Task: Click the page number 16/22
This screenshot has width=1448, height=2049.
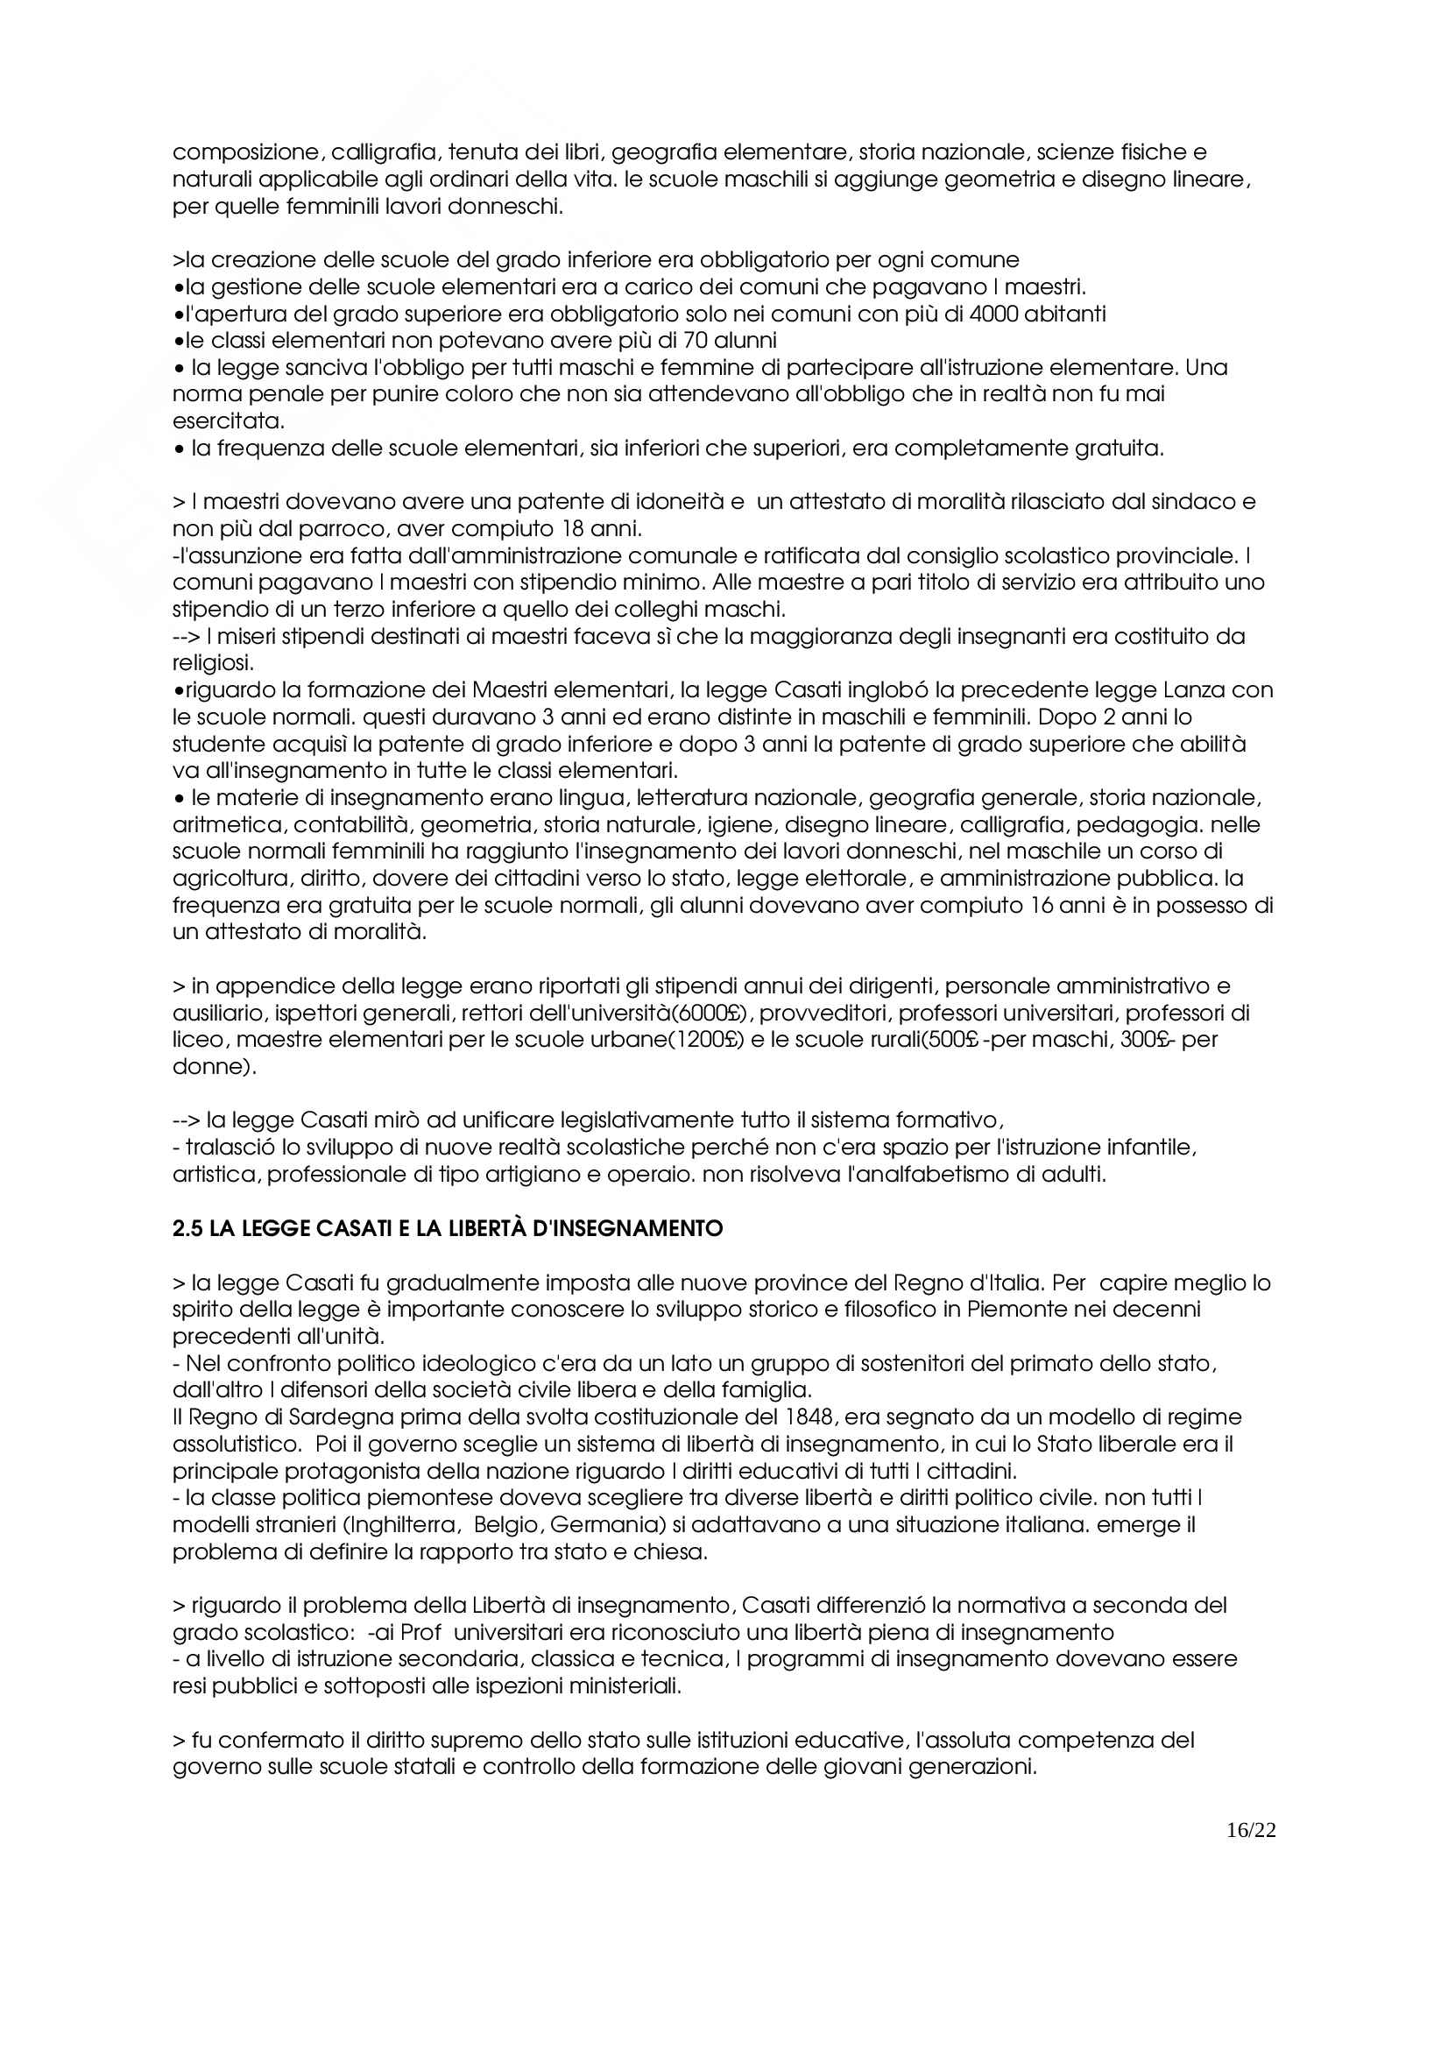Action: click(x=1251, y=1829)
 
